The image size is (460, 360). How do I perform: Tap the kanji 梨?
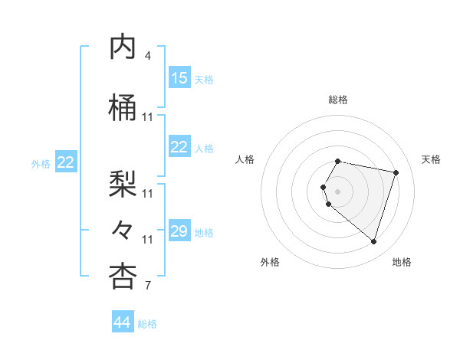click(123, 182)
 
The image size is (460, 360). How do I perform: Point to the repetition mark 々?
click(123, 229)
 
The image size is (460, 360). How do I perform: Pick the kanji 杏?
click(123, 277)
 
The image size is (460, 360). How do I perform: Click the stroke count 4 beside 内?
click(148, 56)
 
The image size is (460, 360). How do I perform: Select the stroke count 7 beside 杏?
click(148, 286)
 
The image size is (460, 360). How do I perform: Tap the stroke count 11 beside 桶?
click(148, 117)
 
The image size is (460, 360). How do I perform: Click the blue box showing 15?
click(179, 78)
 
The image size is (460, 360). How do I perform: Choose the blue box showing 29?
click(179, 231)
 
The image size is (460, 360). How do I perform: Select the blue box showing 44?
click(123, 322)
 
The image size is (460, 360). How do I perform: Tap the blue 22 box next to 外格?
click(66, 162)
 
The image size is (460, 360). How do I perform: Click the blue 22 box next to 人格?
click(179, 147)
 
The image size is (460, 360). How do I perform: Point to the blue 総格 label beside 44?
click(147, 324)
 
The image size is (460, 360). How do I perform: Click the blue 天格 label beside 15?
click(203, 79)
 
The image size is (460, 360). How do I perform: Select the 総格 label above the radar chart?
click(338, 100)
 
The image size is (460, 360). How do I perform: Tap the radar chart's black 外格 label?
click(270, 262)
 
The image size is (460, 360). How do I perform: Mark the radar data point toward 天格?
click(396, 172)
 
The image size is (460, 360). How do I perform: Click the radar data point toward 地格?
click(373, 242)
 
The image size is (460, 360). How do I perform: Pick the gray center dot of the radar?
click(338, 191)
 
